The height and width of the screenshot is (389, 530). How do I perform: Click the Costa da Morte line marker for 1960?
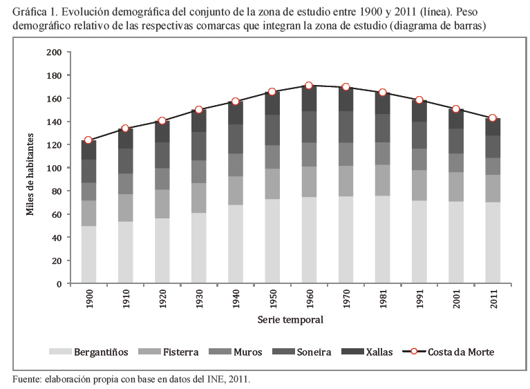tap(308, 86)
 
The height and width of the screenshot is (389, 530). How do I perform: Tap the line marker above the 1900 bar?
tap(88, 140)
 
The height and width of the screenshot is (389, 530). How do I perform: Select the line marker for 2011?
tap(492, 118)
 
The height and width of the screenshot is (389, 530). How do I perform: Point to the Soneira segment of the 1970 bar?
tap(346, 127)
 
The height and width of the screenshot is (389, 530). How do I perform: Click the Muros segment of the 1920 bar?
tap(162, 178)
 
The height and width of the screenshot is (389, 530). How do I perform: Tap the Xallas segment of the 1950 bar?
tap(272, 103)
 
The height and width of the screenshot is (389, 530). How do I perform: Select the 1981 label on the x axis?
tap(383, 303)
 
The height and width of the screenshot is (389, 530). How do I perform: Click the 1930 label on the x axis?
tap(199, 303)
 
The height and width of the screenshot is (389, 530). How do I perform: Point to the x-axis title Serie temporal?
tap(290, 320)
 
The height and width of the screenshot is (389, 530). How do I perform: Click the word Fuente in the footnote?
tap(28, 379)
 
